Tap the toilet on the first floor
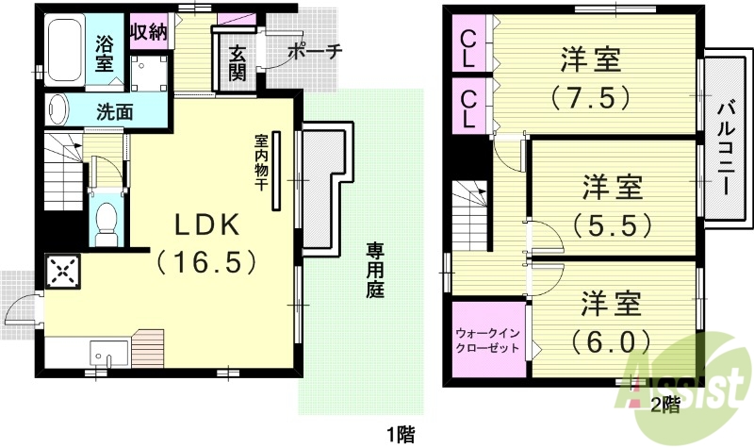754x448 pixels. tap(107, 219)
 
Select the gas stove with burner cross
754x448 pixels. tap(64, 273)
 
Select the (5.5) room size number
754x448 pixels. tap(612, 224)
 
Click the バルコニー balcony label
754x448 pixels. tap(723, 146)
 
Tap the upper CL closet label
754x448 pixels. tap(468, 48)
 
